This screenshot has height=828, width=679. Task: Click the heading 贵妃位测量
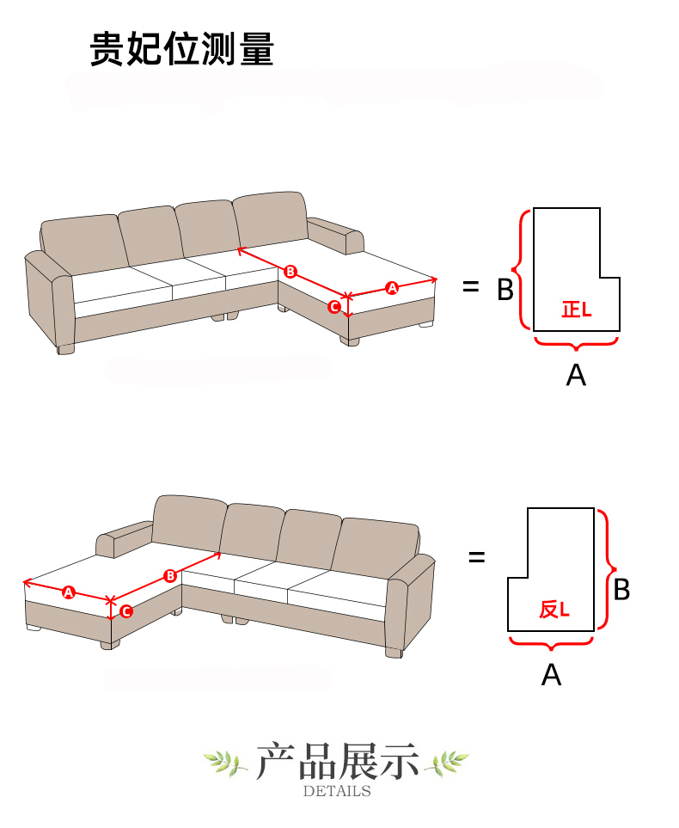(182, 49)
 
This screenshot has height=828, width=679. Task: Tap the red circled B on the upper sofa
(291, 272)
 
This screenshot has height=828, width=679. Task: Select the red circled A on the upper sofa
(392, 288)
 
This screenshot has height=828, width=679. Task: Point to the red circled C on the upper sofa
(334, 307)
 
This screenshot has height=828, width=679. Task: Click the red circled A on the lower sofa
(69, 592)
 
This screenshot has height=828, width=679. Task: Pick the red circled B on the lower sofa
(170, 575)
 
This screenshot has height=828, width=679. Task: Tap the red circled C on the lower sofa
(126, 611)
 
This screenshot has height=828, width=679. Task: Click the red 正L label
(577, 310)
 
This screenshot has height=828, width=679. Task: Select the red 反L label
(554, 610)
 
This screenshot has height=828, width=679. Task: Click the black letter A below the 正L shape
(576, 376)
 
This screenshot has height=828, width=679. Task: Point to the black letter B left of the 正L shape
(505, 290)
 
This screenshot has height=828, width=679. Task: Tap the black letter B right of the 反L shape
(622, 589)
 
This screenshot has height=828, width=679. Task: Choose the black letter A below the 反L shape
(551, 675)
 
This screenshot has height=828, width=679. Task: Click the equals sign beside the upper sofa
(470, 287)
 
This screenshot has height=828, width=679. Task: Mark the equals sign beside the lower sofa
(477, 556)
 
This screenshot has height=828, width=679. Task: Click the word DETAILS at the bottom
(337, 791)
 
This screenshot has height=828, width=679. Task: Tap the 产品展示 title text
(338, 762)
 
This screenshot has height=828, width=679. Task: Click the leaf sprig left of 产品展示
(225, 763)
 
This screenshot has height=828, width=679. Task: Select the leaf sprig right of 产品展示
(448, 763)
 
